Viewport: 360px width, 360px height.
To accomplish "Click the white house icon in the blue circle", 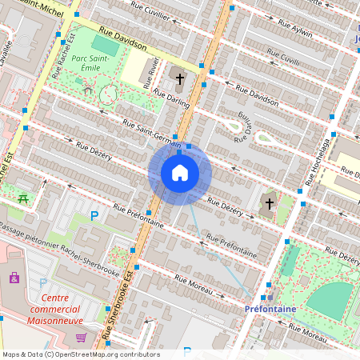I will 180,173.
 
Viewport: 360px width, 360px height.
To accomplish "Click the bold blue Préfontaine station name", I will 270,308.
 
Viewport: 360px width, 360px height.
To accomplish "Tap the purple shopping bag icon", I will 14,278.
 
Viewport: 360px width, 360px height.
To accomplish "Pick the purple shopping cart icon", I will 82,338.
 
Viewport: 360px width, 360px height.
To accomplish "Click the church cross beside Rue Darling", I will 180,79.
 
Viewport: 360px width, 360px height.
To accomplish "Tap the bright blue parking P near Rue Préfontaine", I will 94,215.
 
